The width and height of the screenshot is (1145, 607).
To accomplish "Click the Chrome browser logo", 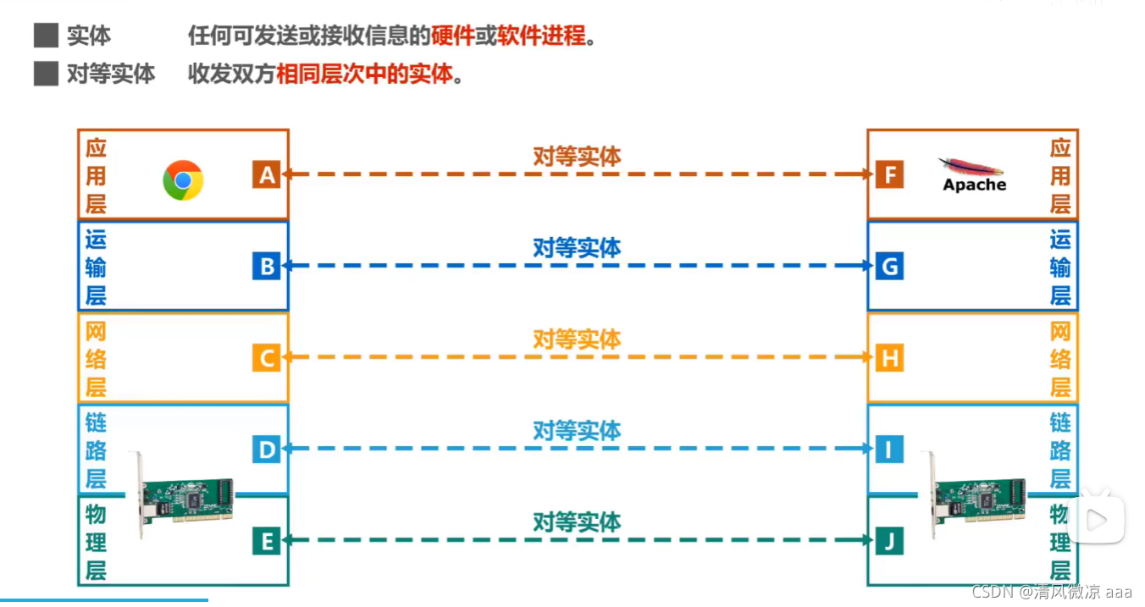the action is pyautogui.click(x=183, y=179).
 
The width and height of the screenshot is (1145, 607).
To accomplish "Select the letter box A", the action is pyautogui.click(x=266, y=174).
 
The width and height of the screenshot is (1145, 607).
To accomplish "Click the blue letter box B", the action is pyautogui.click(x=266, y=267).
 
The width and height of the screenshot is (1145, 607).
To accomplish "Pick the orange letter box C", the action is pyautogui.click(x=266, y=358).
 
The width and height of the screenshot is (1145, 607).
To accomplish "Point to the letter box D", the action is pyautogui.click(x=266, y=449).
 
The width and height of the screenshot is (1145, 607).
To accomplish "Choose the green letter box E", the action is pyautogui.click(x=266, y=540).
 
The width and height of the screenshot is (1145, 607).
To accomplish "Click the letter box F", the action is pyautogui.click(x=889, y=174).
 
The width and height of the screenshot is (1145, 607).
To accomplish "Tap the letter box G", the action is pyautogui.click(x=889, y=267).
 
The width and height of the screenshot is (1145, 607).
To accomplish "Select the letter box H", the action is pyautogui.click(x=889, y=358).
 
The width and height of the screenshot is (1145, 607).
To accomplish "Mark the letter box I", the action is pyautogui.click(x=889, y=449).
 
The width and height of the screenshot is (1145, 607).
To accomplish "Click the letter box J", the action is pyautogui.click(x=889, y=540).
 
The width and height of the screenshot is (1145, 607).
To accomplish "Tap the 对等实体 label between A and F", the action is pyautogui.click(x=577, y=156).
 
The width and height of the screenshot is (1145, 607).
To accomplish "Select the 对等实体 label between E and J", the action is pyautogui.click(x=577, y=521).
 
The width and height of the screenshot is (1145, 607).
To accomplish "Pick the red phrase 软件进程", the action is pyautogui.click(x=541, y=36).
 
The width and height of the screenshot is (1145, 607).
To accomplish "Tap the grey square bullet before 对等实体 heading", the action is pyautogui.click(x=45, y=74).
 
